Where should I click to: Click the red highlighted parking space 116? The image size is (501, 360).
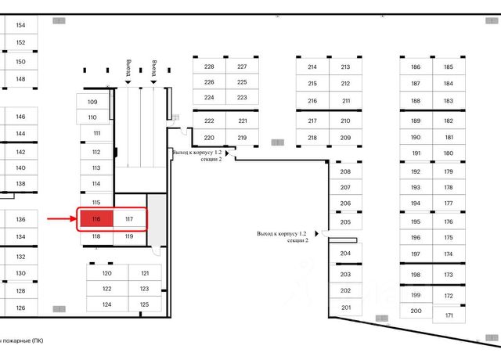click(96, 219)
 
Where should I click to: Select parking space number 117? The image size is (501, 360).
click(129, 219)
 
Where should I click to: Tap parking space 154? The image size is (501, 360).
click(20, 26)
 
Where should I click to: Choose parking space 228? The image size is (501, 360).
click(209, 67)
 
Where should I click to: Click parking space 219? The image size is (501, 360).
click(242, 138)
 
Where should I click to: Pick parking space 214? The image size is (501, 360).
click(312, 67)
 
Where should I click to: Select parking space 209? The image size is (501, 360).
click(345, 138)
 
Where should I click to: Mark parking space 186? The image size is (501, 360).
click(416, 67)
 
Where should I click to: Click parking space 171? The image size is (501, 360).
click(449, 315)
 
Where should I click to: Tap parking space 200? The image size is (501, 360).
click(416, 311)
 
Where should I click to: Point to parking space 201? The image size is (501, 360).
click(345, 308)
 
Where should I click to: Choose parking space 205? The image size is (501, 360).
click(345, 222)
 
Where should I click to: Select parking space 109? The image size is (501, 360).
click(92, 103)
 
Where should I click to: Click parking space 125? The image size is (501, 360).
click(144, 304)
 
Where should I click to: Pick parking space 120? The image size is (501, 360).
click(107, 273)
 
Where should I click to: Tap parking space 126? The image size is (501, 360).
click(20, 308)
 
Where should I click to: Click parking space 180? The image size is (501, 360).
click(449, 153)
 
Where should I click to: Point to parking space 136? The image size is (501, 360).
click(20, 220)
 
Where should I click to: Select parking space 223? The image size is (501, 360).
click(242, 97)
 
